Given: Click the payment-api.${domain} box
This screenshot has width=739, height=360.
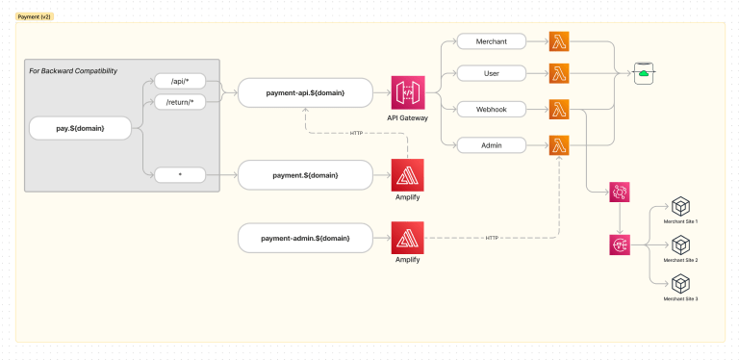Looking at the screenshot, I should click(305, 93).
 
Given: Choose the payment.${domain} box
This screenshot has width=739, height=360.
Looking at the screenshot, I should click(305, 175).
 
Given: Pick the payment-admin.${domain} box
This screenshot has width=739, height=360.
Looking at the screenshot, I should click(305, 237).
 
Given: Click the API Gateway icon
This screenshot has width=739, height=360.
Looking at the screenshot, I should click(406, 93).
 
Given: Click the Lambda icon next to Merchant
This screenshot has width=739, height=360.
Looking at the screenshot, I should click(559, 41).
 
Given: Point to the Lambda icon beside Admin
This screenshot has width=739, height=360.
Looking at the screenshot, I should click(559, 145).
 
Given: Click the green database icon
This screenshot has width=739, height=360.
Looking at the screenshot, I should click(644, 72).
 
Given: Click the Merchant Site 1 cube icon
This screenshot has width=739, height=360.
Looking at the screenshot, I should click(680, 207).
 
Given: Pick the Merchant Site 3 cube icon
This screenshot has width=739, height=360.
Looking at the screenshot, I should click(680, 284).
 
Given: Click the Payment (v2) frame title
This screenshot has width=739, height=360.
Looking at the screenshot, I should click(34, 17).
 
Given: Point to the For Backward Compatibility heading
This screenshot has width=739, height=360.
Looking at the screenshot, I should click(66, 70).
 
